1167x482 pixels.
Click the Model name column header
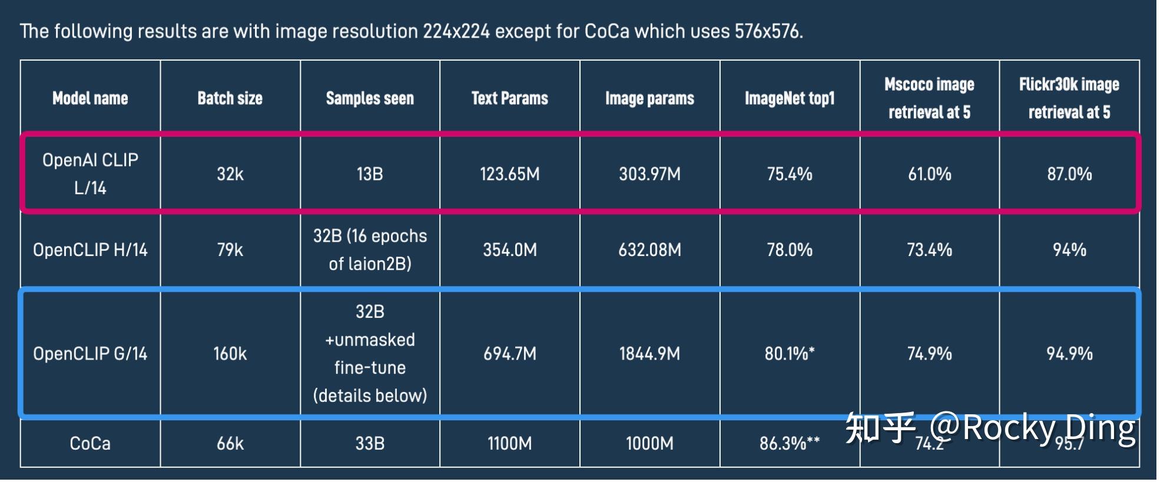90,98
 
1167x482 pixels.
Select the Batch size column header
230,98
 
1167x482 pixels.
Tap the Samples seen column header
370,98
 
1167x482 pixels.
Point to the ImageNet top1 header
790,98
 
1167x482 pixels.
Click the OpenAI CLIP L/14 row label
90,174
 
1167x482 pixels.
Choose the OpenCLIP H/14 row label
90,250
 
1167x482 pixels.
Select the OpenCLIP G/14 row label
90,354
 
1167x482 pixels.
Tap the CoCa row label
90,443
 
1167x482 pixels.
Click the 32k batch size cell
230,174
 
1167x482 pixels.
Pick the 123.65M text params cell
510,174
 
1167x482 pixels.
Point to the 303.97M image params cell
649,174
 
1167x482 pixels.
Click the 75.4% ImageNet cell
790,174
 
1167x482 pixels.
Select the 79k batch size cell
230,250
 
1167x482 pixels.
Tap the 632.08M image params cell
649,250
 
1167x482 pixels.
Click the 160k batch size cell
230,354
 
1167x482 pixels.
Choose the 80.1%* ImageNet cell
790,354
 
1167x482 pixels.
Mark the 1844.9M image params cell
649,354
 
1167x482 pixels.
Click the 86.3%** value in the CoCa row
789,443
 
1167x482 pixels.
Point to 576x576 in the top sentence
768,31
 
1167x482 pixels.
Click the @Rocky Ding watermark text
1033,428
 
